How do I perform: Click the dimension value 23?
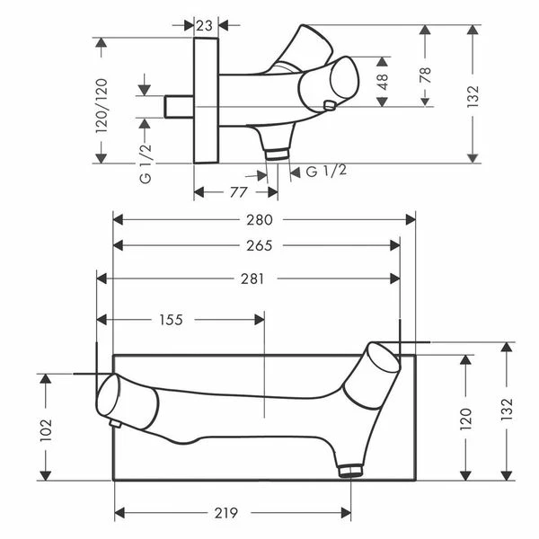(205, 26)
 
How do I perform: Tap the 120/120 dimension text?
(102, 106)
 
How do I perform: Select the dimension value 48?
(383, 82)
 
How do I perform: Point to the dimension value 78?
(425, 75)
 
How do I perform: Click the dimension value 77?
(239, 192)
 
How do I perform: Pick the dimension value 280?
(260, 220)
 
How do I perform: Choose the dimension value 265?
(260, 246)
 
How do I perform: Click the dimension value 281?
(252, 278)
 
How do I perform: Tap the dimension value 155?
(172, 320)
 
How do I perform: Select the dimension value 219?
(226, 513)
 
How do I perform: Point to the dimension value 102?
(46, 430)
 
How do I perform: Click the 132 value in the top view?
(473, 96)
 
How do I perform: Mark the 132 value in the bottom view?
(507, 409)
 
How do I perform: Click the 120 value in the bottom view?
(465, 419)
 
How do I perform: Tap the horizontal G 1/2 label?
(326, 171)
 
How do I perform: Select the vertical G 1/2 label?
(146, 163)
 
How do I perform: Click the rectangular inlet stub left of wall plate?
(179, 107)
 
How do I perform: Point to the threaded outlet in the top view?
(277, 154)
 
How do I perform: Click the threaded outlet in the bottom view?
(350, 470)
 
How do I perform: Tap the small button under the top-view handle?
(330, 105)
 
